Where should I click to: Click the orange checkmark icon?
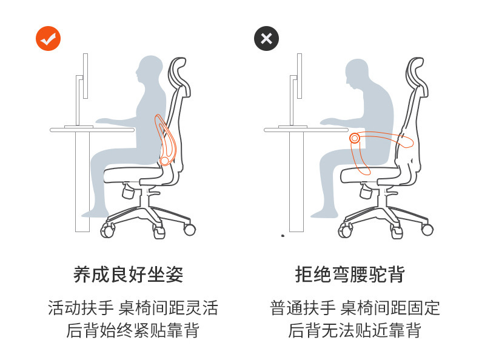[48, 39]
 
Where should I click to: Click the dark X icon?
[266, 39]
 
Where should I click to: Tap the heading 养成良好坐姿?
[128, 275]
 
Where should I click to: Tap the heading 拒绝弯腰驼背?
[349, 275]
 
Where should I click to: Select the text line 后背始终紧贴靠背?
[133, 330]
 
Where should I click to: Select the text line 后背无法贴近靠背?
[354, 330]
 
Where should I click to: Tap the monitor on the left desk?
[85, 76]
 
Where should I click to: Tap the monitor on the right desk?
[300, 76]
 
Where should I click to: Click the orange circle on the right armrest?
[354, 138]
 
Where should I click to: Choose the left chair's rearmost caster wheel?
[190, 229]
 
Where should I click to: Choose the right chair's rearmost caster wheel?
[427, 229]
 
